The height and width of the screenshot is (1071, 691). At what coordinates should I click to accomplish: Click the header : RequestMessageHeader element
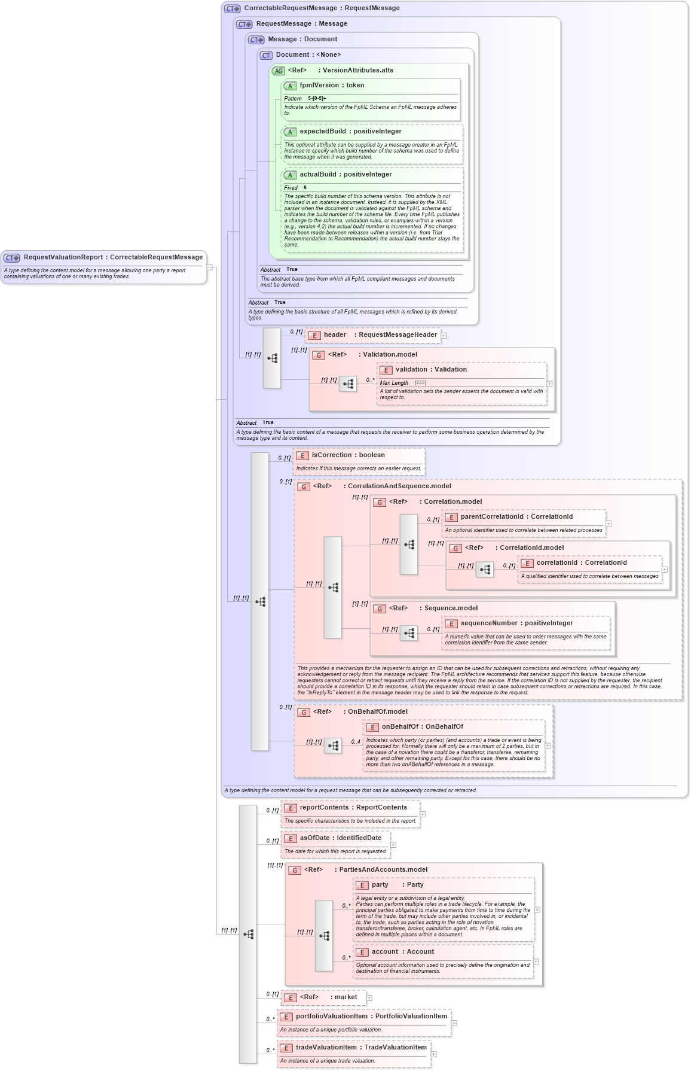tap(380, 335)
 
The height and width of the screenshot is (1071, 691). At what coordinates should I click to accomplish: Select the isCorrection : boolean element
tap(348, 455)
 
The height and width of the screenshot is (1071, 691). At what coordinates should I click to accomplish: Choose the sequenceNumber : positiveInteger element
tap(516, 623)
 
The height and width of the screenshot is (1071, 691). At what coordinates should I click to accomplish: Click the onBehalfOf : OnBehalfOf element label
tap(422, 727)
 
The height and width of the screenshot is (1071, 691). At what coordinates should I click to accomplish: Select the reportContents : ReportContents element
tap(353, 808)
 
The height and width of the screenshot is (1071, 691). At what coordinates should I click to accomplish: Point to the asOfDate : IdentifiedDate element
tap(340, 838)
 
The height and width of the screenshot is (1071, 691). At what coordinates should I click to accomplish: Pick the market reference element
tap(328, 997)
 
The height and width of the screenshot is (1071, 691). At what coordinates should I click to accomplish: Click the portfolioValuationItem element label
tap(371, 1017)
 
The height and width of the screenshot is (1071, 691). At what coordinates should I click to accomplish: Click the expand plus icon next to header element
tap(444, 336)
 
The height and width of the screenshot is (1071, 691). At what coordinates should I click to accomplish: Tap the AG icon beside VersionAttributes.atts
tap(279, 71)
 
